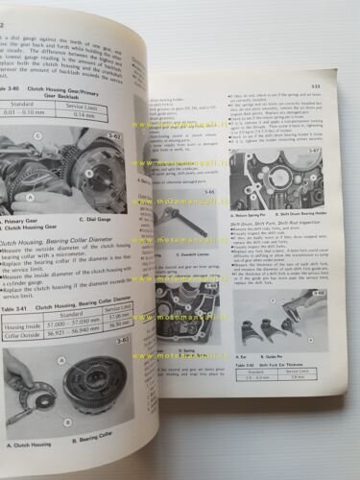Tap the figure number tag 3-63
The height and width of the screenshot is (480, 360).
pyautogui.click(x=119, y=340)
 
